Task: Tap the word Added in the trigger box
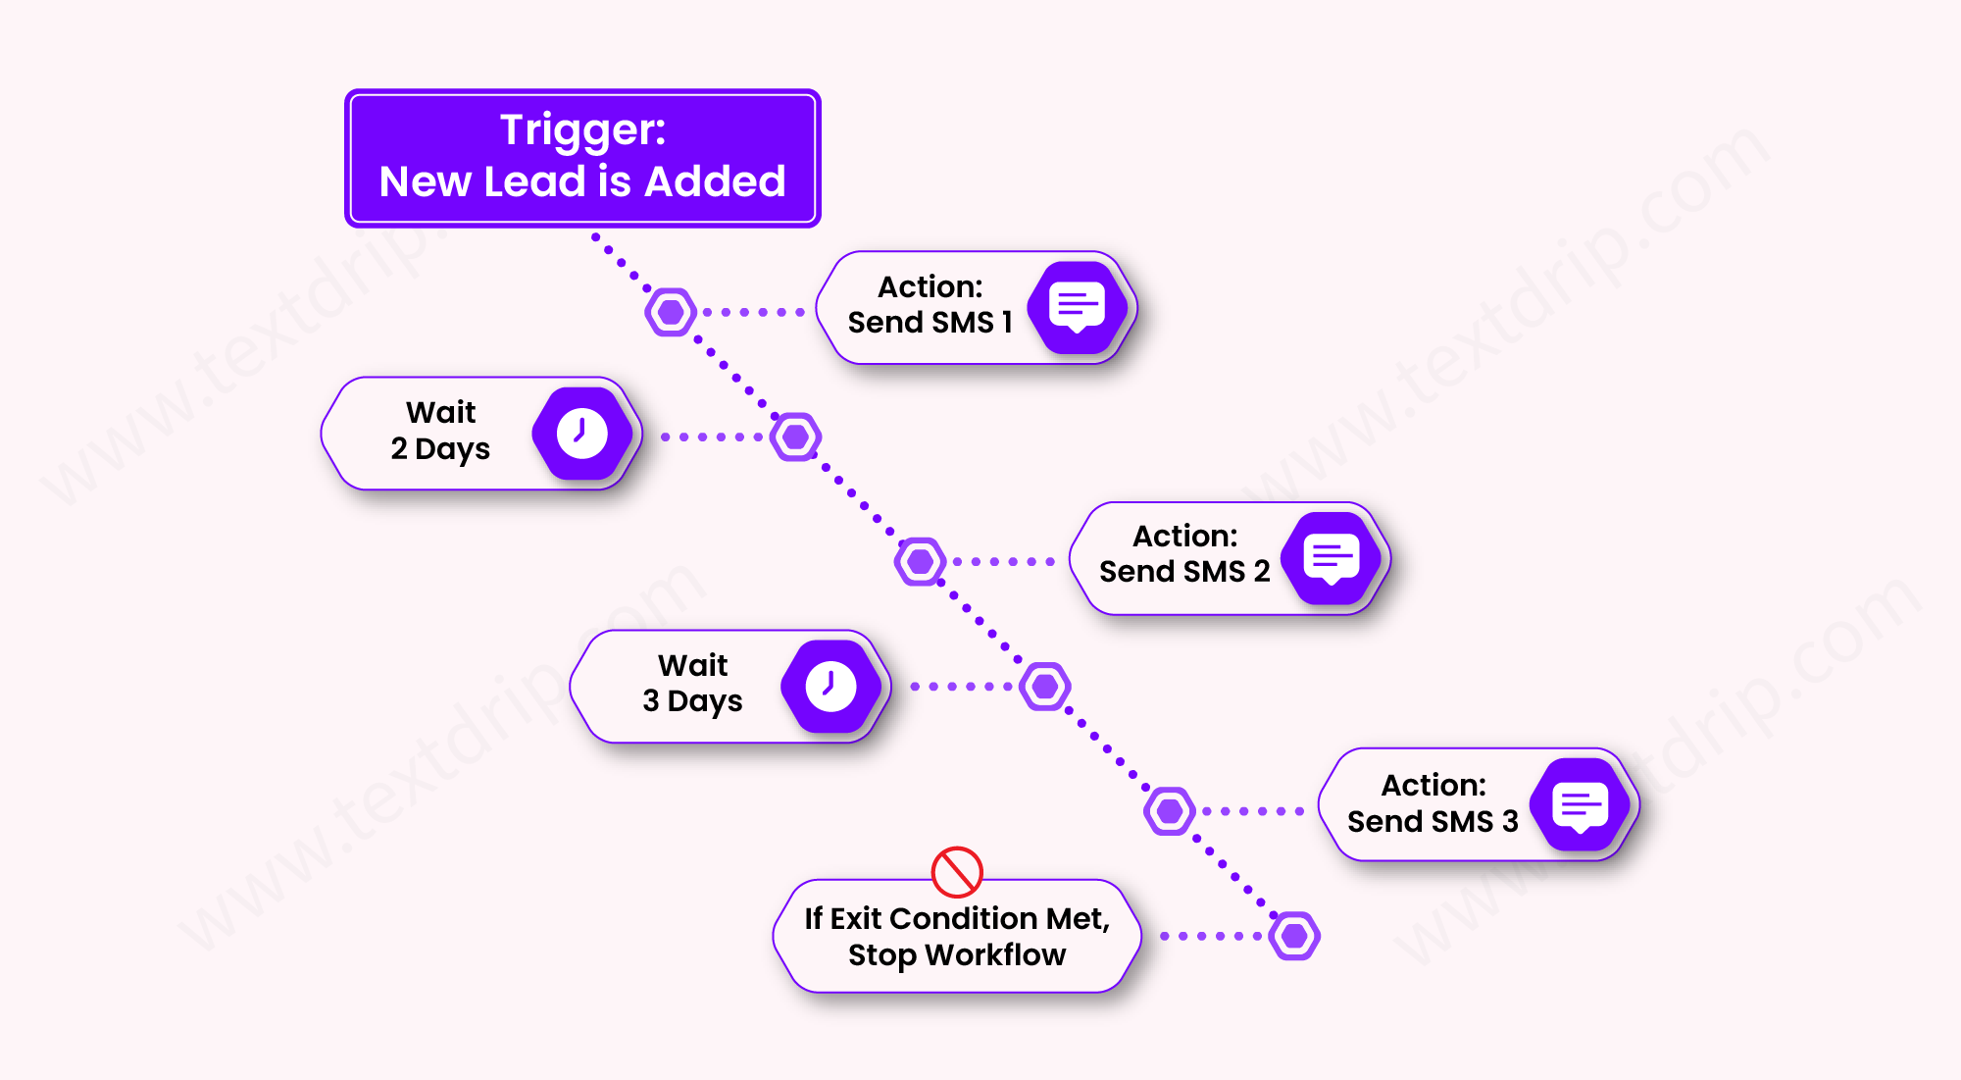(x=715, y=181)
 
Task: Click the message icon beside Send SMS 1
(x=1077, y=307)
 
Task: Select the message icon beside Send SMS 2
(x=1332, y=558)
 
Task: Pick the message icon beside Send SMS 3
(x=1581, y=806)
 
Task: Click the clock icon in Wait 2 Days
(x=582, y=434)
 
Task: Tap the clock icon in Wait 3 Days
(x=831, y=686)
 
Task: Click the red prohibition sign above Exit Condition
(x=957, y=871)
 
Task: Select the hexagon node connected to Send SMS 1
(x=672, y=312)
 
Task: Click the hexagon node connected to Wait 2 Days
(x=795, y=437)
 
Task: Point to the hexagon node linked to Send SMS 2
(x=921, y=561)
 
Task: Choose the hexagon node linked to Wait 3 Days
(x=1045, y=686)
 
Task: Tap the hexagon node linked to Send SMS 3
(x=1170, y=811)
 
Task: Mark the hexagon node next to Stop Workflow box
(x=1294, y=936)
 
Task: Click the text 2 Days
(x=440, y=449)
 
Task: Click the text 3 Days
(x=692, y=701)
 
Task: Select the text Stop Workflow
(x=957, y=954)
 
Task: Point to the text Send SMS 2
(x=1184, y=571)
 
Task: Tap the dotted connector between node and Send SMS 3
(x=1252, y=811)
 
